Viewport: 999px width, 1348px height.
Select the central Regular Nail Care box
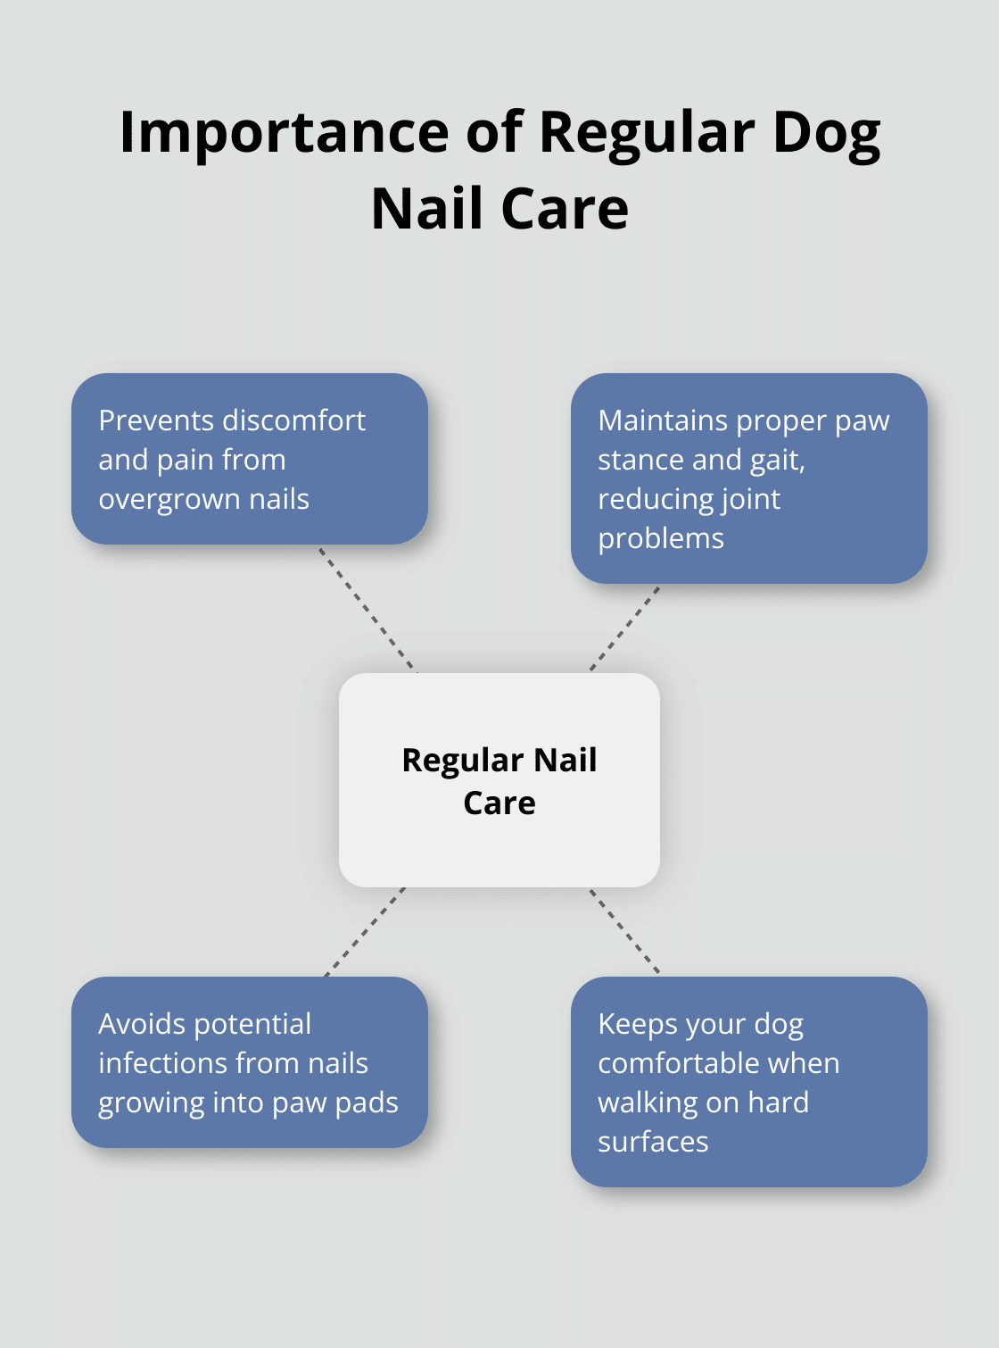[x=499, y=779]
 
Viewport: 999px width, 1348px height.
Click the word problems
[x=661, y=539]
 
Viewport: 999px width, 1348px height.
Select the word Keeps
[x=641, y=1025]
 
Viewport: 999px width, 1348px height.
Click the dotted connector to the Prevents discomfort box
[x=367, y=609]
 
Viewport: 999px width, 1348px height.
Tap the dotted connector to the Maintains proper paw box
[x=625, y=628]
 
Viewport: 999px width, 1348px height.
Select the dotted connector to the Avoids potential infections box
[x=365, y=932]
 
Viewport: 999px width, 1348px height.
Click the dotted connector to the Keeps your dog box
[x=625, y=931]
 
